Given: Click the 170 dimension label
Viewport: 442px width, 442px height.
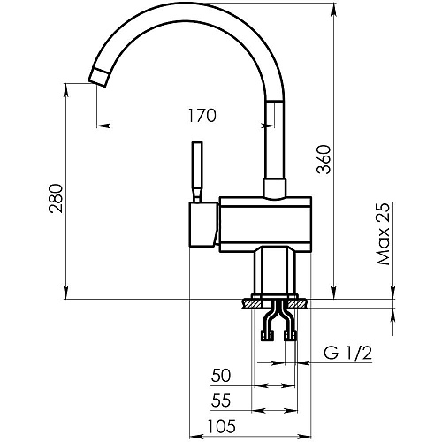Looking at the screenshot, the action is click(x=202, y=116).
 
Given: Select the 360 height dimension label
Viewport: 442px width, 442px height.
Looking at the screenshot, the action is click(x=324, y=159).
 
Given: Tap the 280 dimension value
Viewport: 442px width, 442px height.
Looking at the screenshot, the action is click(x=56, y=199).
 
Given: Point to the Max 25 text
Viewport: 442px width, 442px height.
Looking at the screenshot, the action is click(x=383, y=233).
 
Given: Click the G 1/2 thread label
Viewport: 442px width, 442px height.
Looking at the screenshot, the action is click(x=347, y=353).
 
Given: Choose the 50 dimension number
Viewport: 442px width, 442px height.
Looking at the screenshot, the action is click(x=221, y=376).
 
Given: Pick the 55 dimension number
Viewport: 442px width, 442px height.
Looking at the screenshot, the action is click(x=221, y=400).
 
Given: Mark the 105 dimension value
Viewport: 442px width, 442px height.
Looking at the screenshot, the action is click(x=222, y=426).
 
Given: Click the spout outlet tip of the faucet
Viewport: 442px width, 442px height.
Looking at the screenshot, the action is click(x=98, y=78).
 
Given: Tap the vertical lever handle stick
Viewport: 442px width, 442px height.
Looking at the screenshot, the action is click(x=197, y=171).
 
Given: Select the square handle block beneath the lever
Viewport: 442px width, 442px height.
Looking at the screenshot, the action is click(x=203, y=224).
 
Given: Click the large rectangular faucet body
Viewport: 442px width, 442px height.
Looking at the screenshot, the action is click(x=265, y=225).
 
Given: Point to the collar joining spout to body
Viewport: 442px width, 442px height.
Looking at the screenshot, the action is click(x=275, y=188).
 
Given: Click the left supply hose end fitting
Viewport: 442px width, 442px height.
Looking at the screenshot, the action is click(x=267, y=336).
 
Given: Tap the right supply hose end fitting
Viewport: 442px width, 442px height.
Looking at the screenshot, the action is click(x=290, y=336).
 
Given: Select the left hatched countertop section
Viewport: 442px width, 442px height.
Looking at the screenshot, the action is click(x=252, y=304).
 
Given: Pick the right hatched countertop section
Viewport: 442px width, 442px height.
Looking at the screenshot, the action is click(x=298, y=304).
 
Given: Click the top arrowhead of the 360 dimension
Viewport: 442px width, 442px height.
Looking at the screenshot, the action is click(x=334, y=8).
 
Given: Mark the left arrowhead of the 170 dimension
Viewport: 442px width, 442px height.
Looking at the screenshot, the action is click(x=103, y=126).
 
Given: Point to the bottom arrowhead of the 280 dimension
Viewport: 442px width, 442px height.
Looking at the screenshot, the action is click(x=67, y=293).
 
